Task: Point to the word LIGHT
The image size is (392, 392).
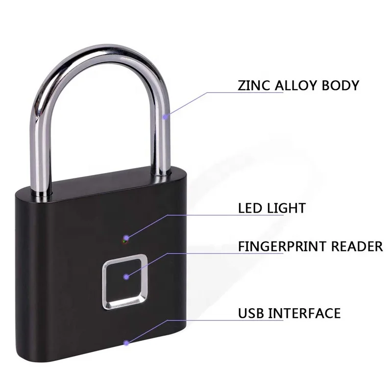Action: [x=286, y=207]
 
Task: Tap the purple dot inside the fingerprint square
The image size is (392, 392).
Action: [x=127, y=277]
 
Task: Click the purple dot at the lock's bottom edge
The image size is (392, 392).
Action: [x=127, y=343]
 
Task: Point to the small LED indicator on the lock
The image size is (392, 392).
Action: [x=125, y=239]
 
